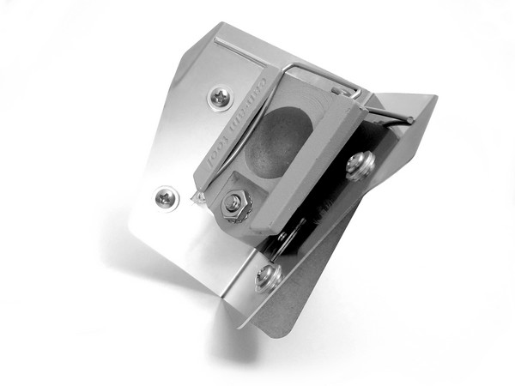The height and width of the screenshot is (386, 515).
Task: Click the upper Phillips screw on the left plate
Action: pyautogui.click(x=221, y=97)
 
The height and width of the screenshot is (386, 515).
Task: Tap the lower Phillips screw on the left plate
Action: pyautogui.click(x=167, y=198)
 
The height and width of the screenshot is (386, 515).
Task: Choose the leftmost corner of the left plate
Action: pyautogui.click(x=128, y=228)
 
